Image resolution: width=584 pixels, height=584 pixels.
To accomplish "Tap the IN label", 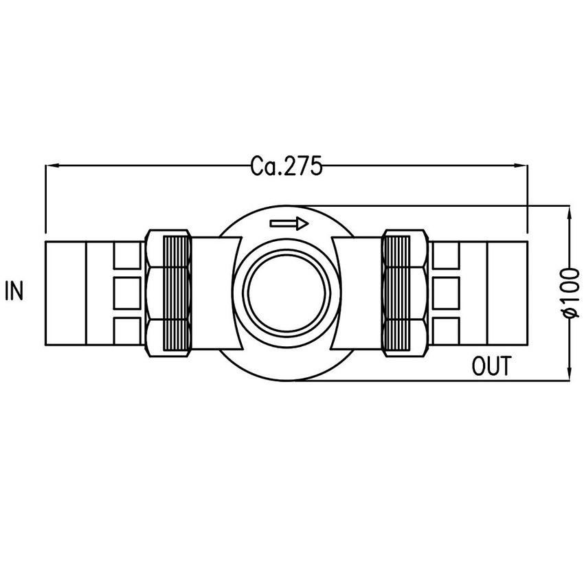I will (14, 292).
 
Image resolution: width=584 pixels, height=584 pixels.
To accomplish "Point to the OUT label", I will (492, 367).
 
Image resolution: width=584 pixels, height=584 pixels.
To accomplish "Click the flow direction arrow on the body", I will (289, 223).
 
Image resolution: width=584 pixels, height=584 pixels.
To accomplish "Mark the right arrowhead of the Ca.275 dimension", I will (520, 166).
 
